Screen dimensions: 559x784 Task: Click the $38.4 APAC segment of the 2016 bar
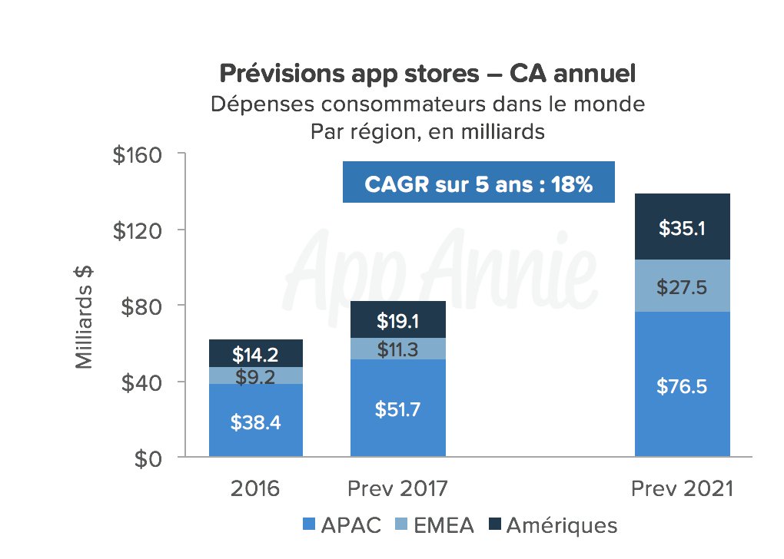tap(256, 421)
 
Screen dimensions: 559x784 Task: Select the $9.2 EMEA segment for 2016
tap(256, 375)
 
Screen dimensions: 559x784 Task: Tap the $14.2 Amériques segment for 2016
tap(256, 353)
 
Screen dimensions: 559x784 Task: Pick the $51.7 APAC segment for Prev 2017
tap(397, 408)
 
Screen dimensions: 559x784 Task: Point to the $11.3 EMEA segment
tap(397, 349)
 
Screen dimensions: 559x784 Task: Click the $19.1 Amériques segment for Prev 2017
tap(397, 320)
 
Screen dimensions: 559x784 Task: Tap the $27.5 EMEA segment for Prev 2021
tap(682, 286)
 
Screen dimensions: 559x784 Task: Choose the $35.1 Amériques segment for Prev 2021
tap(682, 227)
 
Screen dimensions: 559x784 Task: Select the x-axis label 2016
tap(256, 490)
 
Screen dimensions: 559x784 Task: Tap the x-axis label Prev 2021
tap(682, 490)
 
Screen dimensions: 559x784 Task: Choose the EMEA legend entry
tap(435, 526)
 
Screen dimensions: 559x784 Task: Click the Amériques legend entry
tap(552, 526)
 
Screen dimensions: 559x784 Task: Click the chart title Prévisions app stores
tap(427, 74)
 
